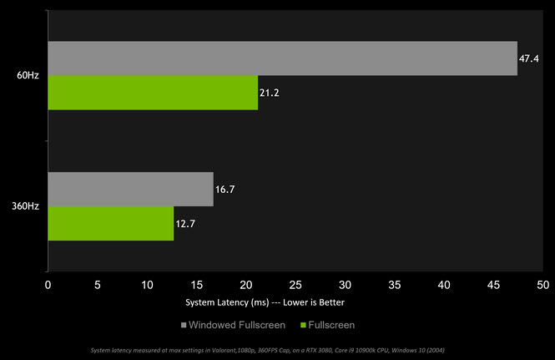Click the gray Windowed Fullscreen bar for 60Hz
pyautogui.click(x=282, y=58)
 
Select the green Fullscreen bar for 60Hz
pyautogui.click(x=153, y=93)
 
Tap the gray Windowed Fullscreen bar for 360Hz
pyautogui.click(x=130, y=190)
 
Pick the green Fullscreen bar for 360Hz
pyautogui.click(x=110, y=223)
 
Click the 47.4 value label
pyautogui.click(x=528, y=58)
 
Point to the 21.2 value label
pyautogui.click(x=269, y=93)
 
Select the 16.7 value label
pyautogui.click(x=225, y=190)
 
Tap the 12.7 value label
pyautogui.click(x=185, y=223)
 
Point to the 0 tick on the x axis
pyautogui.click(x=48, y=285)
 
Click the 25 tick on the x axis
pyautogui.click(x=295, y=285)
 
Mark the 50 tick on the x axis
pyautogui.click(x=543, y=285)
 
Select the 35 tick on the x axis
pyautogui.click(x=395, y=285)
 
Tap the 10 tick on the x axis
pyautogui.click(x=147, y=285)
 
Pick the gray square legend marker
pyautogui.click(x=183, y=324)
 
